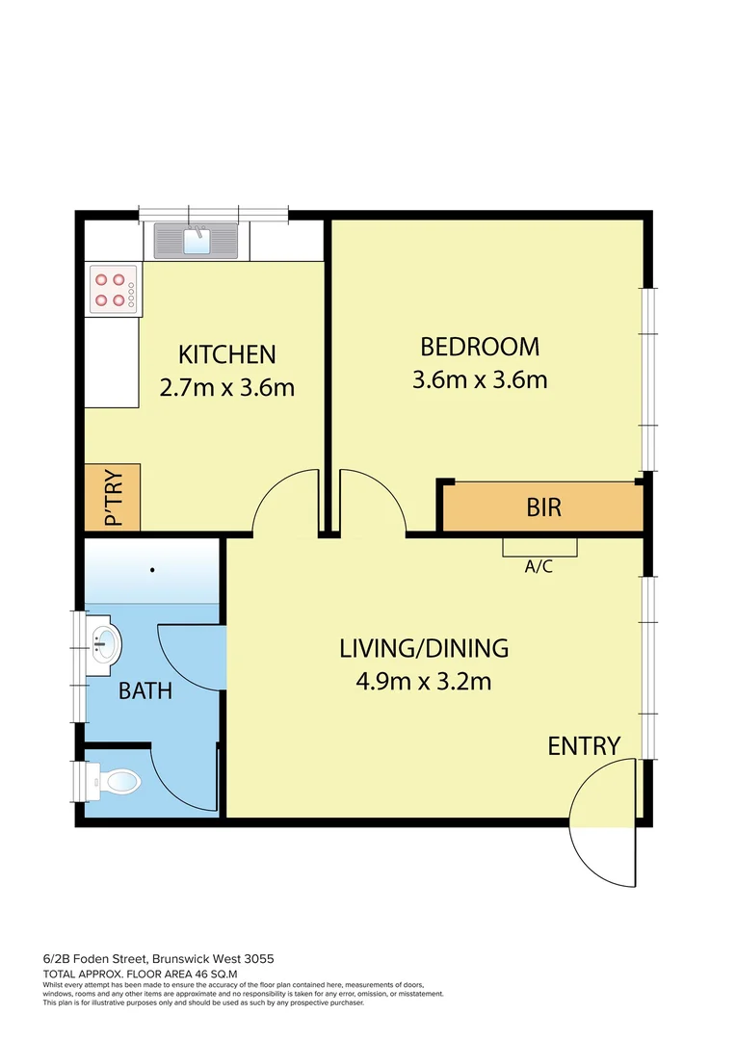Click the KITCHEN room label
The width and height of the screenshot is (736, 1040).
tap(228, 354)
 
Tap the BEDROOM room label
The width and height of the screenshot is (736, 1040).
tap(480, 346)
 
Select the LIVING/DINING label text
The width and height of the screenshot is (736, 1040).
tap(424, 648)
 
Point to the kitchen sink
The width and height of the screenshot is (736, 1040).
tap(197, 240)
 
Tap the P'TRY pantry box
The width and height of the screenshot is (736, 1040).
tap(113, 497)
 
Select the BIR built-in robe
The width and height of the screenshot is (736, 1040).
tap(543, 507)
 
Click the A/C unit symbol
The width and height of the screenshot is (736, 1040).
tap(539, 547)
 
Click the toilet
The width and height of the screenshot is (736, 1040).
tap(114, 781)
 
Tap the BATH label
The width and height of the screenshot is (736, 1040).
tap(145, 690)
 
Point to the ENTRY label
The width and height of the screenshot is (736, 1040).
tap(584, 746)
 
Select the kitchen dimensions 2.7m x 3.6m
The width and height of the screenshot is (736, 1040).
tap(226, 388)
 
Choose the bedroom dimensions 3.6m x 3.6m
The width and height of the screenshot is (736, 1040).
tap(480, 379)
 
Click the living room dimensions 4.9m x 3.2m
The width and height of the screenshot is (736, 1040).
tap(424, 682)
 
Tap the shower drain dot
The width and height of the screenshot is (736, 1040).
tap(152, 570)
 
